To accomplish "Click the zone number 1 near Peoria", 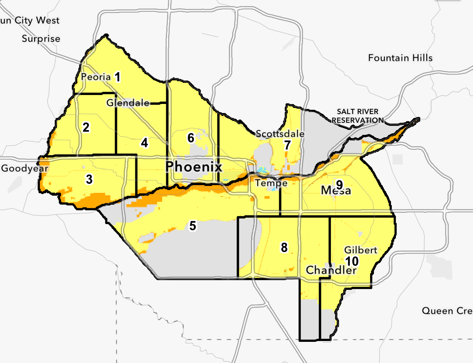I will click(x=118, y=77).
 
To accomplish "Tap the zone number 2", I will click(x=86, y=127).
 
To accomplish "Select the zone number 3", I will click(x=89, y=179).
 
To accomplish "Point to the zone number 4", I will click(x=144, y=143).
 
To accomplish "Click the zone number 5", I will click(x=193, y=226).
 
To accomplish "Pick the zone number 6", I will click(x=191, y=138).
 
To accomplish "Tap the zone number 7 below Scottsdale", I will click(x=287, y=145).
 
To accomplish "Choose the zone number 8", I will click(x=284, y=247).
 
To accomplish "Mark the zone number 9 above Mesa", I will click(x=339, y=183).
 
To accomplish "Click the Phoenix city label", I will click(x=194, y=166).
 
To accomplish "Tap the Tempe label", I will click(x=271, y=183).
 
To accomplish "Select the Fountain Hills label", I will click(x=400, y=58).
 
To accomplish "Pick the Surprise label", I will click(x=41, y=39).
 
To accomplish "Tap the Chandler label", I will click(x=331, y=270).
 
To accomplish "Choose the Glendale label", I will click(x=128, y=103).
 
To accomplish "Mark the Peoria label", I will click(x=96, y=77).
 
